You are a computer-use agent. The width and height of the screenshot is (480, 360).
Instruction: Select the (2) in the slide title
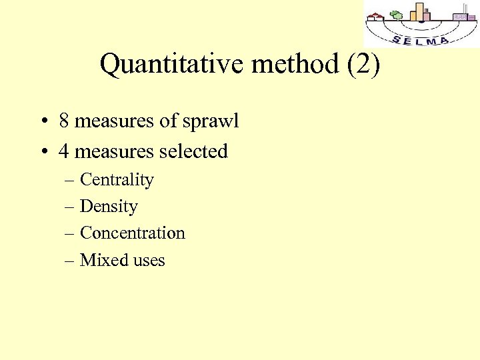click(x=363, y=65)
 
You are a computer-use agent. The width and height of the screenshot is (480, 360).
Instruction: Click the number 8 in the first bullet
click(x=64, y=121)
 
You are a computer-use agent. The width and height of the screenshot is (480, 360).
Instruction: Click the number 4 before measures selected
click(x=64, y=151)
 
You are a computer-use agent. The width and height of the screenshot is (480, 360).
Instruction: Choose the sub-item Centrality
click(x=117, y=180)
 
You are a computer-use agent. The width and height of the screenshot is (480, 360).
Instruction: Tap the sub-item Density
click(x=109, y=207)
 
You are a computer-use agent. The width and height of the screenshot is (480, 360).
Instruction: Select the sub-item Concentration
click(x=132, y=233)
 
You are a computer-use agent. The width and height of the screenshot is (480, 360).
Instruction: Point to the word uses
click(x=148, y=260)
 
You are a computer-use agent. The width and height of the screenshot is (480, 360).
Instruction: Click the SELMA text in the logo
click(x=421, y=40)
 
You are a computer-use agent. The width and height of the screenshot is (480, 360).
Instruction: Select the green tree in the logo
click(x=397, y=15)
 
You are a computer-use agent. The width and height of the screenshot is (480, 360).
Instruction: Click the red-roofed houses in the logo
click(x=377, y=17)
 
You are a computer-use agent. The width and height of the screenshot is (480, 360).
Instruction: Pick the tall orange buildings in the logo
click(x=419, y=11)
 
